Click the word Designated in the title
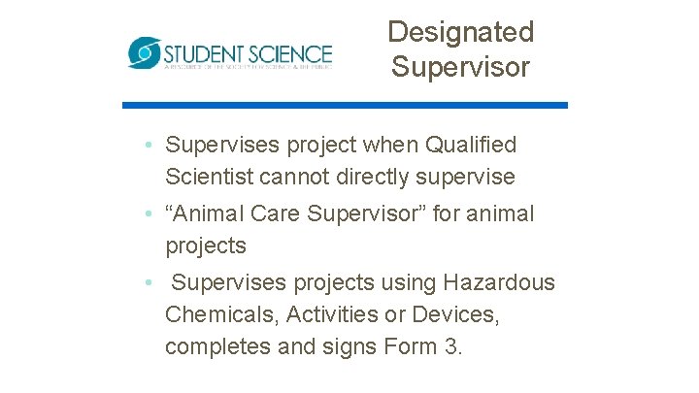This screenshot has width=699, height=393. tap(460, 32)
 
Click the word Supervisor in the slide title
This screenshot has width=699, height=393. tap(460, 67)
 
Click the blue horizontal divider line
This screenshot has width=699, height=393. tap(345, 105)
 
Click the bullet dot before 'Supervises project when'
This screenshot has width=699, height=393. tap(145, 146)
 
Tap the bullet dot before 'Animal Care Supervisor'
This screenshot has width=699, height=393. tap(145, 213)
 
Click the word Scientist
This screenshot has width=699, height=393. tap(212, 178)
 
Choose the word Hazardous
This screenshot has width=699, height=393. tap(500, 283)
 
